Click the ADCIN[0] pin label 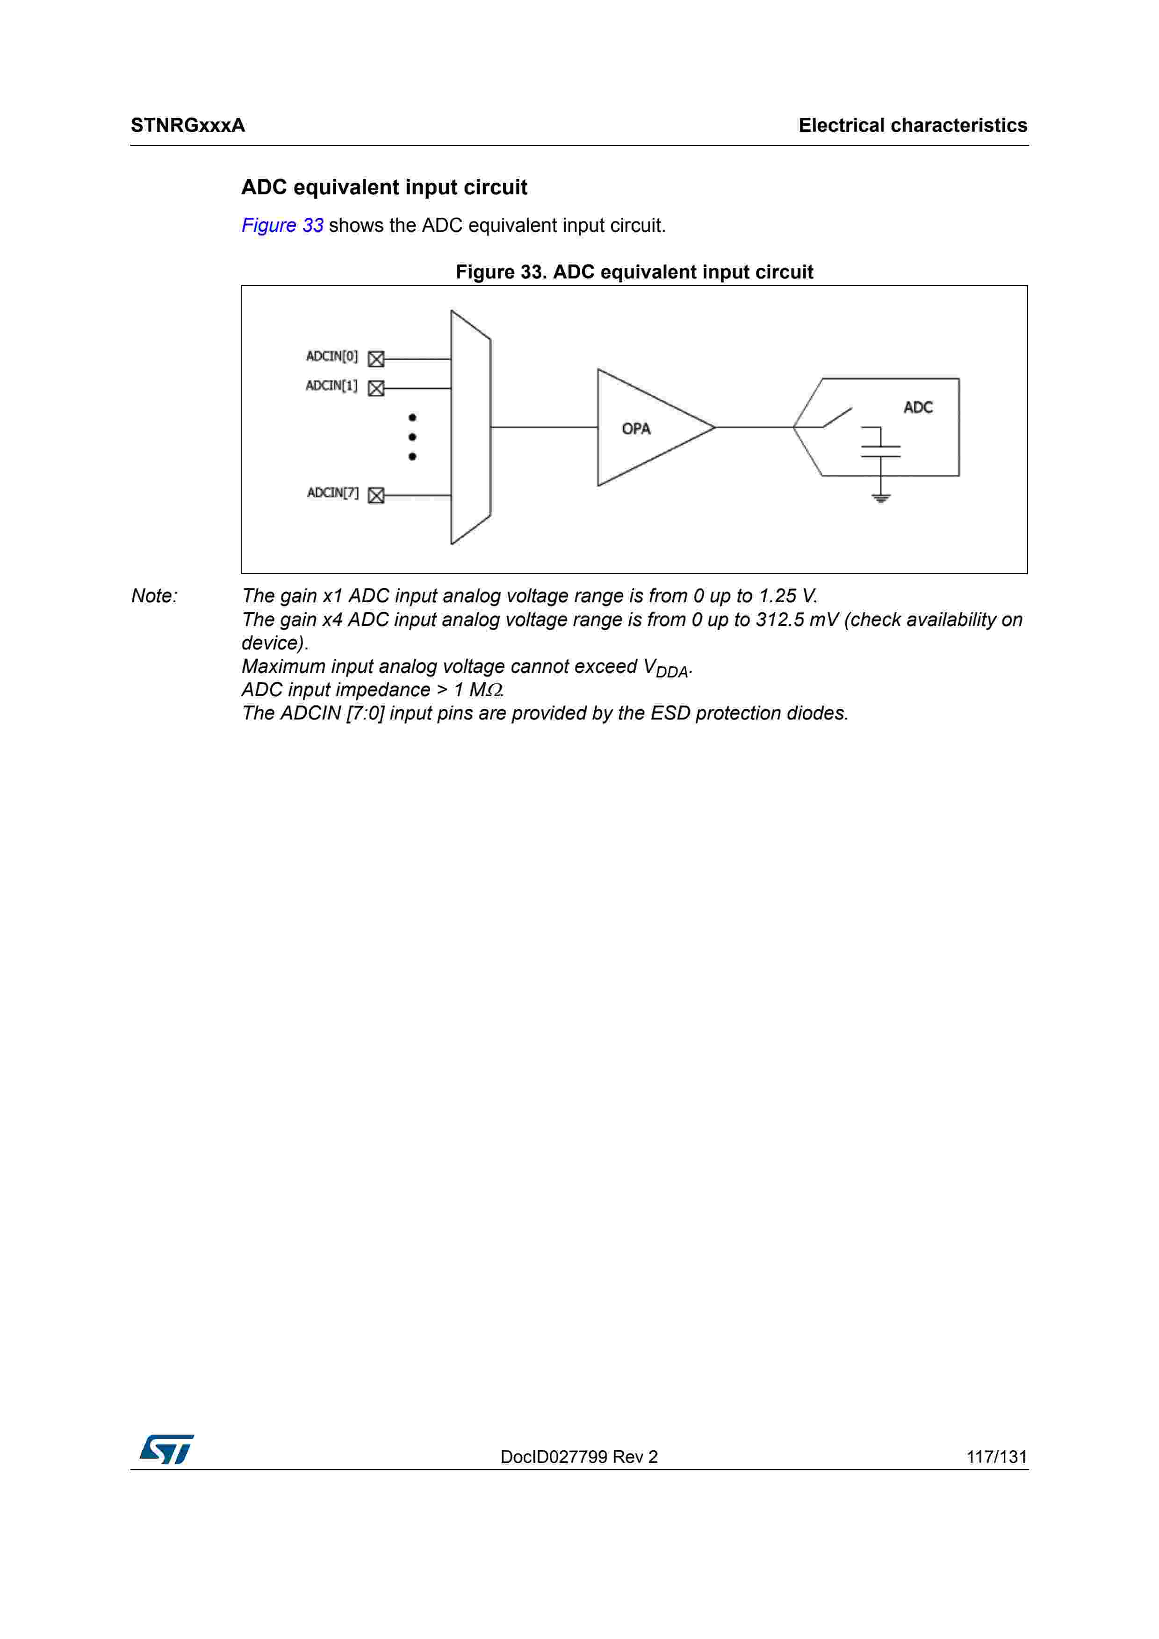pos(331,356)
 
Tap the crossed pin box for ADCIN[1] pos(376,388)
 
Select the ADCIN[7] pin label pos(332,492)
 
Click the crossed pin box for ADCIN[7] pos(376,495)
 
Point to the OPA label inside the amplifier pos(635,428)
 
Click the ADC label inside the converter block pos(918,407)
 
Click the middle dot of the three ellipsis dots pos(412,437)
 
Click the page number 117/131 pos(996,1457)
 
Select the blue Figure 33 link pos(282,226)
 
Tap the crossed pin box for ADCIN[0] pos(376,359)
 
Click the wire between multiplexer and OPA pos(543,427)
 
